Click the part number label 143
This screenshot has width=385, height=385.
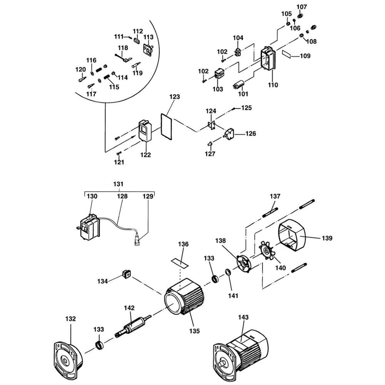click(x=243, y=317)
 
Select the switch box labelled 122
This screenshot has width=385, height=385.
click(x=146, y=131)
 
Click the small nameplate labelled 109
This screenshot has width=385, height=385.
click(x=288, y=54)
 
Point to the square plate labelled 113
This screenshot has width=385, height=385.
click(x=148, y=50)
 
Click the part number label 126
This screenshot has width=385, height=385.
click(x=250, y=134)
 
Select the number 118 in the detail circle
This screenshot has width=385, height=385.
click(x=123, y=48)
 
